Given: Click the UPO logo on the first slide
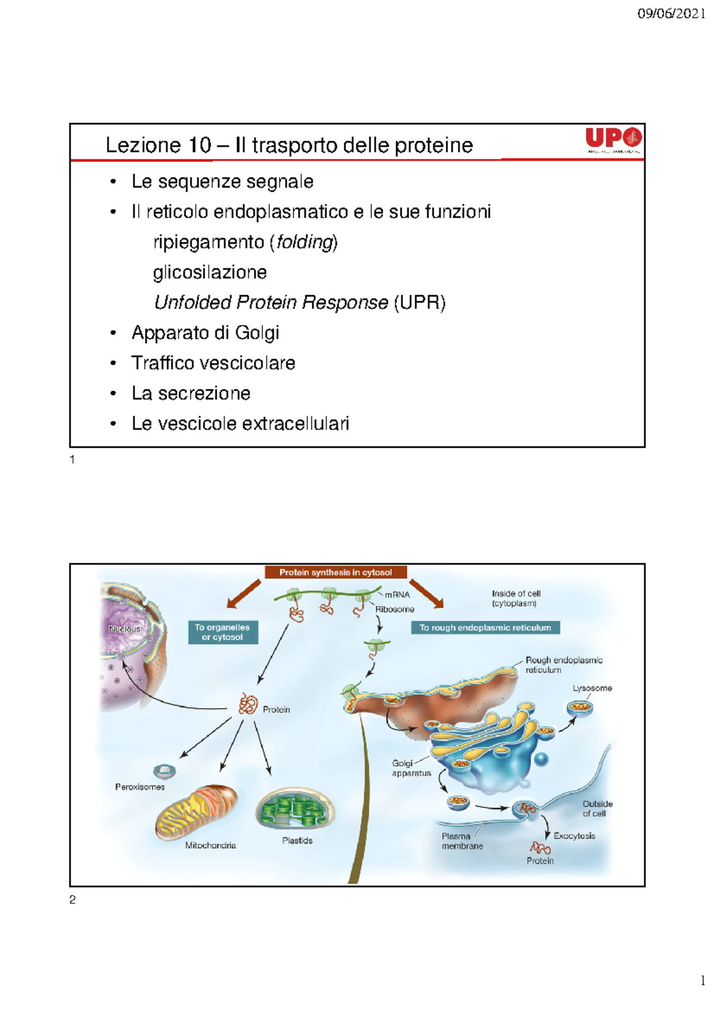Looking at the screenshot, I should click(613, 140).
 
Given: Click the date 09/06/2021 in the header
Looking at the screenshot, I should click(671, 14).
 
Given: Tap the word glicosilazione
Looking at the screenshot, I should click(210, 272).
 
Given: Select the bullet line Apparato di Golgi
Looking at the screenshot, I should click(205, 333).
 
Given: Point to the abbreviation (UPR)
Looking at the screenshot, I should click(419, 302).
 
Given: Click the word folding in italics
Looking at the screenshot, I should click(305, 242).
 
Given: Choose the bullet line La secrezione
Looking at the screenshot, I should click(190, 393).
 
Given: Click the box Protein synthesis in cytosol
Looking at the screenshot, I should click(336, 572).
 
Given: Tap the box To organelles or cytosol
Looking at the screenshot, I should click(223, 632).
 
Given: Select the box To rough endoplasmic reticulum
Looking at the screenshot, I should click(485, 628).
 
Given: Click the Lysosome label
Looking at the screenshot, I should click(592, 688).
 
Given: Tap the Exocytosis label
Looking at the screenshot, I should click(574, 835).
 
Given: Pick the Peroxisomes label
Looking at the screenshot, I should click(140, 787).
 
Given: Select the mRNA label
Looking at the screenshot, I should click(397, 594).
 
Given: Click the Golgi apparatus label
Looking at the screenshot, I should click(411, 768).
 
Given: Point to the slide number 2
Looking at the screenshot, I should click(73, 900).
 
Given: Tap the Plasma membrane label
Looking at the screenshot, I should click(462, 841).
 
